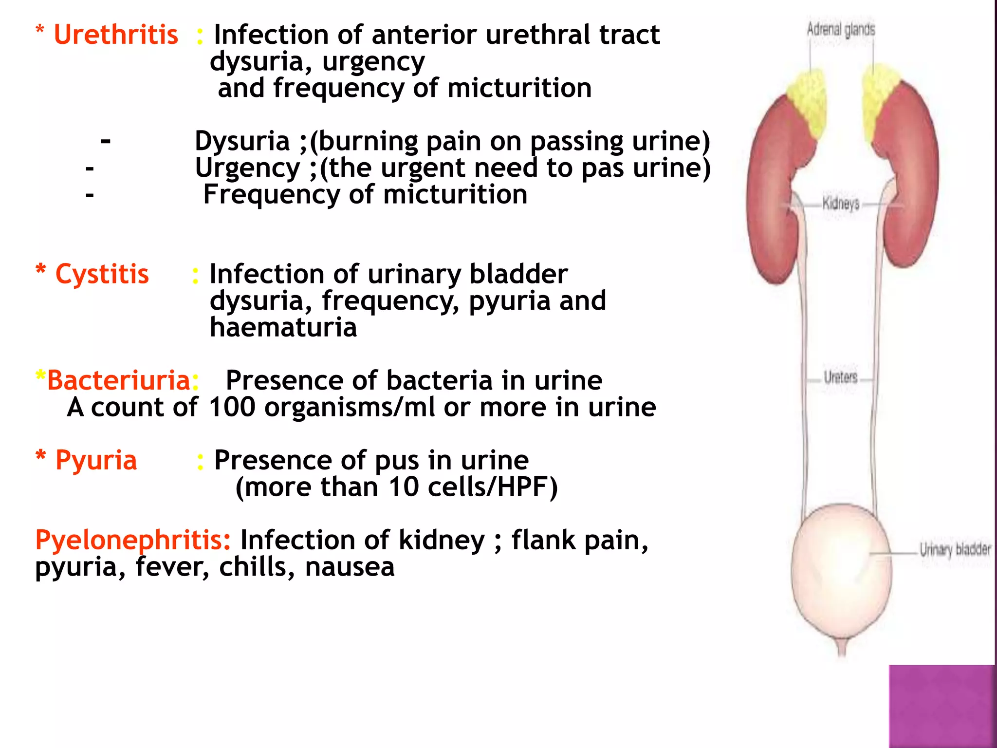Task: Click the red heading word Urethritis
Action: click(x=116, y=35)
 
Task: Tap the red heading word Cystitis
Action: click(x=102, y=274)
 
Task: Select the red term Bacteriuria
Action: click(x=118, y=380)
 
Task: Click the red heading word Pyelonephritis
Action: click(x=133, y=540)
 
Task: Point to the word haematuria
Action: click(x=283, y=327)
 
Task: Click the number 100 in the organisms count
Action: click(x=232, y=407)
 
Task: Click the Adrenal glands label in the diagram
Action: click(x=841, y=30)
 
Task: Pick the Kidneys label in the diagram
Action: click(x=841, y=203)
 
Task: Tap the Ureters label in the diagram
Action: click(x=841, y=377)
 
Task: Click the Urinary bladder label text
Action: click(x=955, y=550)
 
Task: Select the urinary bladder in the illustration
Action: click(x=841, y=575)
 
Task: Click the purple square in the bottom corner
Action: click(x=942, y=706)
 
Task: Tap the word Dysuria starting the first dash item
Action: click(x=242, y=142)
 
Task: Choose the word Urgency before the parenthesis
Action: click(x=247, y=168)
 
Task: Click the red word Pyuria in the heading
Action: click(x=96, y=460)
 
